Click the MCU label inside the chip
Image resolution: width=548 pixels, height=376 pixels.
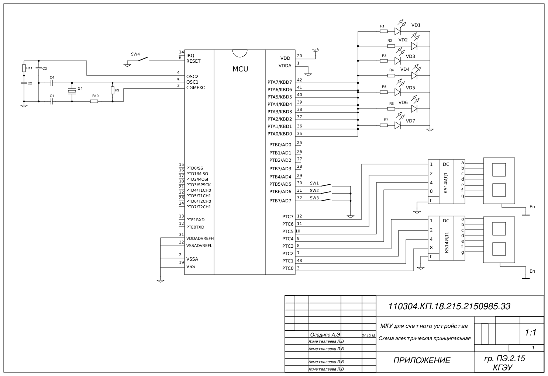click(x=240, y=69)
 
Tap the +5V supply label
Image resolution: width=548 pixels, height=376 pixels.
click(x=316, y=49)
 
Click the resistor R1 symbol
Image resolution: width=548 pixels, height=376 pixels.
click(x=384, y=31)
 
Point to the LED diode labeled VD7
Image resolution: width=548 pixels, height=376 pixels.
click(x=397, y=125)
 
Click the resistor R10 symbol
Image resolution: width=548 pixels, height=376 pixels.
click(x=94, y=101)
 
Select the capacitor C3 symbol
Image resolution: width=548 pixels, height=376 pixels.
click(x=39, y=69)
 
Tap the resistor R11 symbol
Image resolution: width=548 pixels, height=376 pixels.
click(x=24, y=68)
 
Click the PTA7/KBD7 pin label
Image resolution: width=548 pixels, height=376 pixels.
click(x=279, y=82)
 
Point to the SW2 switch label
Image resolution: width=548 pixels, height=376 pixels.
click(x=314, y=191)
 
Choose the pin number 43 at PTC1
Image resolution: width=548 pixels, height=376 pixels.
click(x=299, y=261)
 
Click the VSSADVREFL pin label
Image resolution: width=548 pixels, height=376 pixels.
click(x=199, y=246)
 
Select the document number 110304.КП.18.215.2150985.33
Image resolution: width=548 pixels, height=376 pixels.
click(x=449, y=306)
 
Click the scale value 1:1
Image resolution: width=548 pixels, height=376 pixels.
click(x=530, y=333)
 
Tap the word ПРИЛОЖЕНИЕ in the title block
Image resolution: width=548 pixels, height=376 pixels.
click(x=422, y=361)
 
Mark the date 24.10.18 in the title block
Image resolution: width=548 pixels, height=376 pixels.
click(x=368, y=336)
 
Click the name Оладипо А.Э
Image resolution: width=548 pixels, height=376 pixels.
click(x=325, y=335)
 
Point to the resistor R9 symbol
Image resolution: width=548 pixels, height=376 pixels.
click(x=113, y=90)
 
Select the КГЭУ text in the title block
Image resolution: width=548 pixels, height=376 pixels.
click(x=503, y=368)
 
